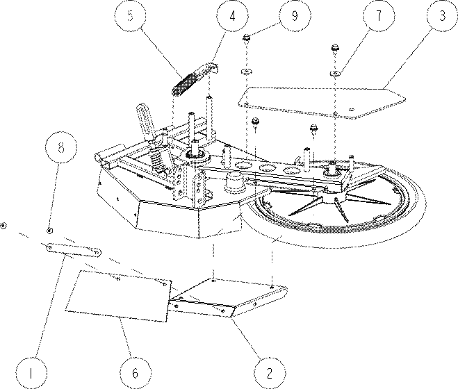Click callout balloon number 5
(x=130, y=15)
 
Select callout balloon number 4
(x=233, y=16)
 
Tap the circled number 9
(x=295, y=15)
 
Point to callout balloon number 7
(x=379, y=15)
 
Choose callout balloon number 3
(x=442, y=15)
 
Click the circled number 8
(x=61, y=147)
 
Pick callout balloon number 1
(x=31, y=373)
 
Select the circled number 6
(x=136, y=373)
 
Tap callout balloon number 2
(x=269, y=373)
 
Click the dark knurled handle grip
(x=183, y=84)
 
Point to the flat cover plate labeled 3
(x=321, y=102)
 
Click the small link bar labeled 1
(x=74, y=250)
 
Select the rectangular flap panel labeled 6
(x=118, y=296)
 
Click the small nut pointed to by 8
(x=50, y=231)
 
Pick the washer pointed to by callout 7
(x=335, y=73)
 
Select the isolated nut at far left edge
(x=3, y=226)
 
